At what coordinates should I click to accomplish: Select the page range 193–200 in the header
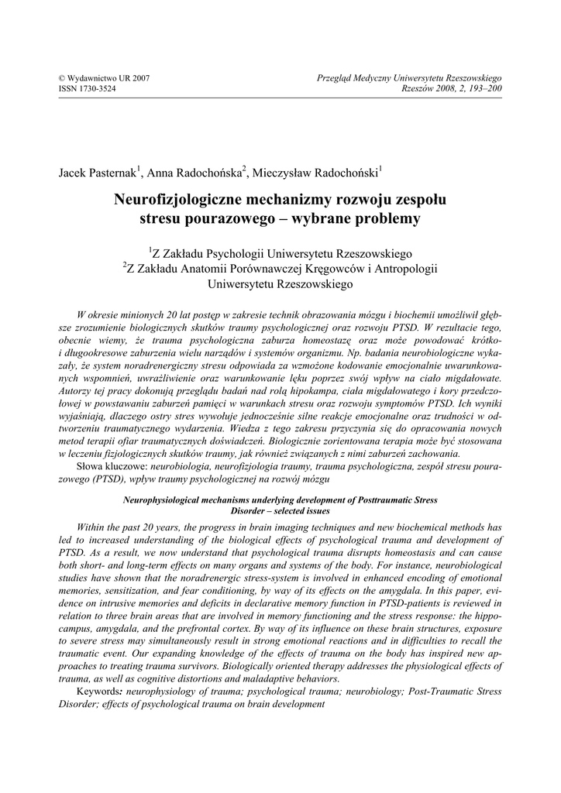483,89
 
